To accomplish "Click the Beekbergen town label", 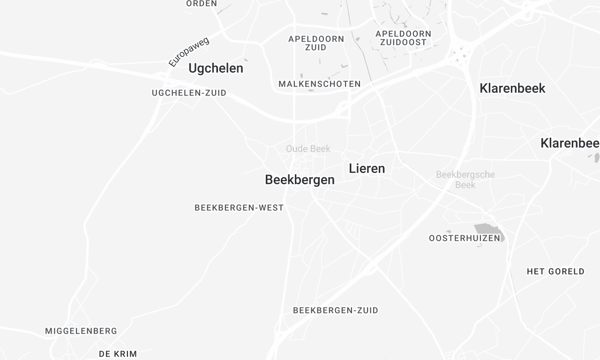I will (300, 180).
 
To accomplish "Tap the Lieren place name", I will (366, 169).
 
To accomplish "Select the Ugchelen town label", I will (216, 68).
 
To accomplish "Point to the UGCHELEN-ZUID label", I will (189, 93).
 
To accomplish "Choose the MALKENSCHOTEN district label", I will (320, 84).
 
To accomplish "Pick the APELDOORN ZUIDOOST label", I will (404, 38).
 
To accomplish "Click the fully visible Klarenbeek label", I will (512, 88).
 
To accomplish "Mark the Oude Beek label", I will (308, 149).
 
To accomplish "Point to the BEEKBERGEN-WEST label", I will (239, 208).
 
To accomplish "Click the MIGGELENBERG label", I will (81, 331).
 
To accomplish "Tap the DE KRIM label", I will (118, 353).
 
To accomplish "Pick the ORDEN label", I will (201, 4).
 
